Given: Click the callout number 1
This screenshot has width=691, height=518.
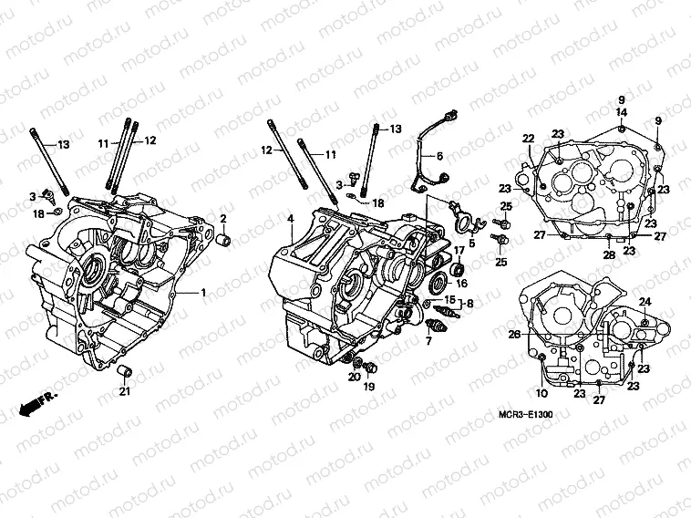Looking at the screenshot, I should tap(204, 292).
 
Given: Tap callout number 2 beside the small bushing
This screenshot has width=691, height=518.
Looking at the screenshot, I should tap(222, 218).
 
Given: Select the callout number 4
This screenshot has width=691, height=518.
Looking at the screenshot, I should tap(290, 219).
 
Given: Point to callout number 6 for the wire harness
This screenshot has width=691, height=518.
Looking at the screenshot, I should tap(438, 156).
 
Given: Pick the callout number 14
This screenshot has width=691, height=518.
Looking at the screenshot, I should tap(621, 112).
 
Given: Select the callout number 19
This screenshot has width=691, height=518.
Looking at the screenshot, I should tap(370, 387).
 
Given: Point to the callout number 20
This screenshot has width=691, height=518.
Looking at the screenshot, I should tap(352, 377).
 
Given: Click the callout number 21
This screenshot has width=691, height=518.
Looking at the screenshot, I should tap(125, 391).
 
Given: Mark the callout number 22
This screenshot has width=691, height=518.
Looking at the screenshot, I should tap(527, 138).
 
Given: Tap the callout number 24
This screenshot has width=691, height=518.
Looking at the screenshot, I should tap(644, 301).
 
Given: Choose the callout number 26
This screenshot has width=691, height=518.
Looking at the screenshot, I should tap(513, 335).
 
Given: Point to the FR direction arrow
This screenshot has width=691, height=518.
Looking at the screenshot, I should tap(36, 400).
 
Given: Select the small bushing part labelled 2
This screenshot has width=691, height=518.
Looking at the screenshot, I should tap(221, 240).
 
